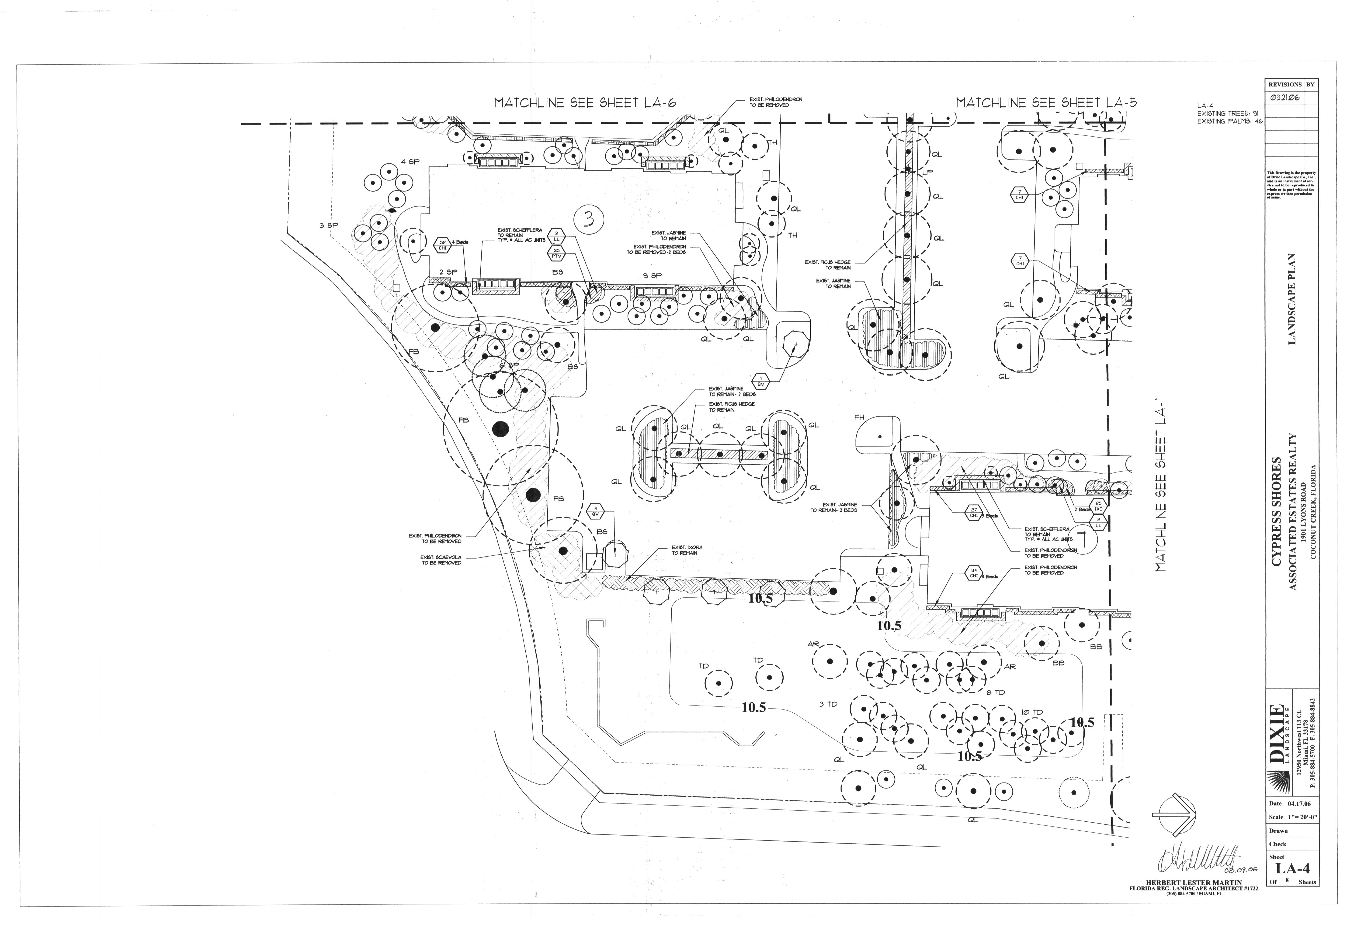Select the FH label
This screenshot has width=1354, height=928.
click(859, 417)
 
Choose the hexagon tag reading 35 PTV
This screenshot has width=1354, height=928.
click(556, 253)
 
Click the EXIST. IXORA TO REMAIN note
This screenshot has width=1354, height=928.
click(687, 550)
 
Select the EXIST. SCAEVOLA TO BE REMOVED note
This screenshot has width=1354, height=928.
click(441, 560)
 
